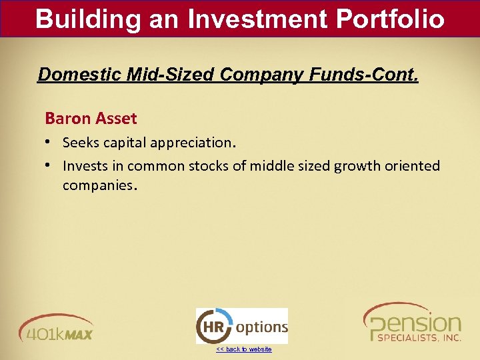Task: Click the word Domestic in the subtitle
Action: pos(74,74)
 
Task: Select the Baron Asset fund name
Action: pos(91,119)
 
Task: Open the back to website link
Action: pos(243,349)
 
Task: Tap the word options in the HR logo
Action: pos(262,327)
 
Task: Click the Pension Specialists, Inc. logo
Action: pos(411,323)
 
